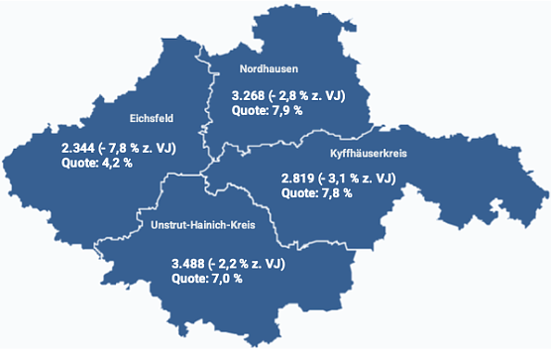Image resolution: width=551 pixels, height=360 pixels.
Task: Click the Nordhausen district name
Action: (270, 68)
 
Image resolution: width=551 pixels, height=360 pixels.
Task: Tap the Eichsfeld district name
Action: (152, 118)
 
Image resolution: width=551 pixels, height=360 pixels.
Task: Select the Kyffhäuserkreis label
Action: (368, 154)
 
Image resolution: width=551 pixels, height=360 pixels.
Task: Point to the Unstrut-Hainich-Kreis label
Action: (203, 226)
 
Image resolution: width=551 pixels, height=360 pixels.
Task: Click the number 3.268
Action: (248, 96)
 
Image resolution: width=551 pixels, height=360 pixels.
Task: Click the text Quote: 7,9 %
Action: (267, 111)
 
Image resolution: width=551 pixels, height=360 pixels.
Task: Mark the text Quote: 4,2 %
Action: (97, 163)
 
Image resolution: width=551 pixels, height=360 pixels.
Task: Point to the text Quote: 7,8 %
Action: (317, 193)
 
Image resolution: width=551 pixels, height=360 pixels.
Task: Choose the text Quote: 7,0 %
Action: (207, 278)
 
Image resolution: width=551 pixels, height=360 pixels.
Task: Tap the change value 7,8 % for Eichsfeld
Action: (130, 148)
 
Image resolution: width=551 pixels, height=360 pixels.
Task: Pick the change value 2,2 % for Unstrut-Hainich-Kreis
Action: (240, 263)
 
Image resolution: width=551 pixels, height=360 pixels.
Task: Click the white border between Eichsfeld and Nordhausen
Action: (210, 109)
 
